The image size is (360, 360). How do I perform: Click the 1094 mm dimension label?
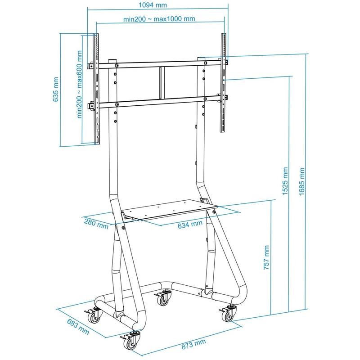click(153, 5)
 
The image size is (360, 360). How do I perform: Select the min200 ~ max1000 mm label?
click(159, 19)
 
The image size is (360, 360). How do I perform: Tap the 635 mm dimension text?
click(56, 89)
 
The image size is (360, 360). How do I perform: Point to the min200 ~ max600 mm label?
click(80, 84)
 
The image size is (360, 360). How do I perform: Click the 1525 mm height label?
click(285, 181)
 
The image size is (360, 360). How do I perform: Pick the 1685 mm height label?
click(301, 181)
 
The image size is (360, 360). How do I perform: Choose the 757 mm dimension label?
click(266, 257)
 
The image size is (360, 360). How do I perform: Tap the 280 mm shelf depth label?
click(96, 224)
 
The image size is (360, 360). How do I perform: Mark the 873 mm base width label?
click(193, 344)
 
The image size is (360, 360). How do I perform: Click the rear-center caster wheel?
click(163, 297)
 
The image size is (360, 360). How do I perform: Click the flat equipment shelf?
click(169, 209)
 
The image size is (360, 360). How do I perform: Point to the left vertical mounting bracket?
click(96, 89)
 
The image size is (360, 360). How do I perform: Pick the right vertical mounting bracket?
click(223, 83)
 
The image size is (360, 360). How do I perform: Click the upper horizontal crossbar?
click(158, 64)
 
